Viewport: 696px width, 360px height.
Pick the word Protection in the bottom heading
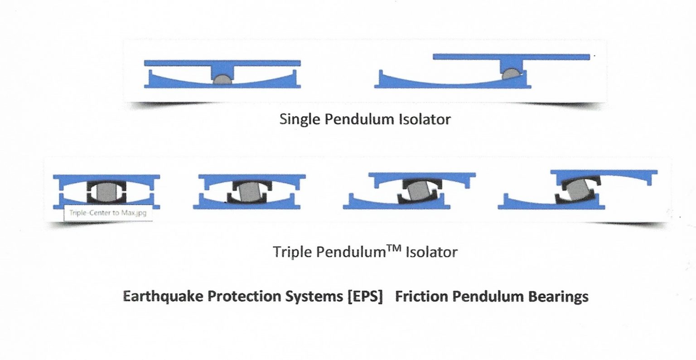(x=241, y=297)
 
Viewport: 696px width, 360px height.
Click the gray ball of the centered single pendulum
(x=222, y=80)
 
